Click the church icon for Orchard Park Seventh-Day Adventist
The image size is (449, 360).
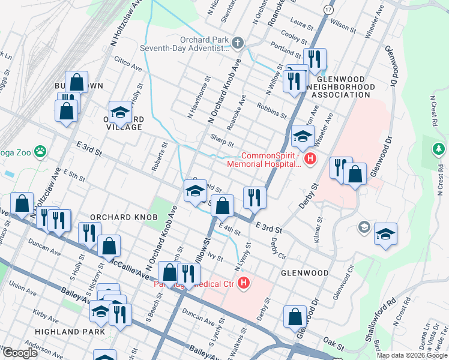coord(238,43)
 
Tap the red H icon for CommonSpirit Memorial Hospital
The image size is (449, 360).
coord(310,159)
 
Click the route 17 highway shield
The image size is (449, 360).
coord(327,10)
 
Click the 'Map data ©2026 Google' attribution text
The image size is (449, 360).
coord(412,355)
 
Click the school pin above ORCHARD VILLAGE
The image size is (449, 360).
coord(120,112)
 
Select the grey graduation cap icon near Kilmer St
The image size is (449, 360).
coord(364,227)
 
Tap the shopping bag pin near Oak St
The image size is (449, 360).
coord(295,317)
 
